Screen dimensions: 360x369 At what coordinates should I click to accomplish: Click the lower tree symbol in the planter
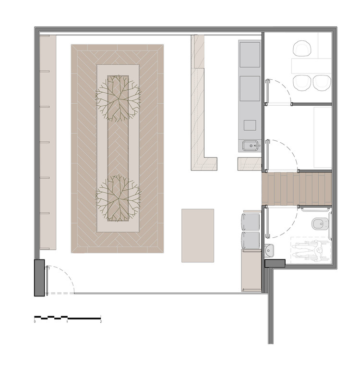(118, 198)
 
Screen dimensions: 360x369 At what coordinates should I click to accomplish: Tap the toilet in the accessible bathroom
(317, 223)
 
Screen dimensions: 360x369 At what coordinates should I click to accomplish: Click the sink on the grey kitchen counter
(251, 146)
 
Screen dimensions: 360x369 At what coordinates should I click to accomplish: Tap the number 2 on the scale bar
(101, 321)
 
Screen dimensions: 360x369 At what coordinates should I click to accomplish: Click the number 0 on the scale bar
(35, 321)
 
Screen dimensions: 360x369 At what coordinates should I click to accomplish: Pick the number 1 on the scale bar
(67, 321)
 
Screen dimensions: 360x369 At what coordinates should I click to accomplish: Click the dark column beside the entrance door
(39, 278)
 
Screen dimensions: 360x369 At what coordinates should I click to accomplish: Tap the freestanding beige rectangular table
(198, 235)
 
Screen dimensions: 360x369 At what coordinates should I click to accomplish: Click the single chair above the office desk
(302, 49)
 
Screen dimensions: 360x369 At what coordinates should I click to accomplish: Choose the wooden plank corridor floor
(297, 189)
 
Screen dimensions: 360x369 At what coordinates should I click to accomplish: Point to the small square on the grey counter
(250, 125)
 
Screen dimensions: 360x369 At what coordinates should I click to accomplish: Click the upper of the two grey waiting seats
(251, 221)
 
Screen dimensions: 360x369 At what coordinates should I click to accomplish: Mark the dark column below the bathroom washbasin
(275, 263)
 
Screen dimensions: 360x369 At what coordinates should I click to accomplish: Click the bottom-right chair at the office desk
(322, 82)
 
